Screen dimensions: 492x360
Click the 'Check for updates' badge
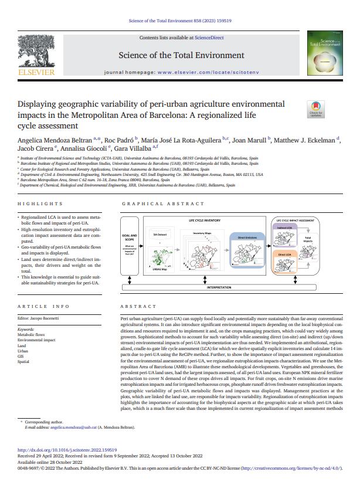pyautogui.click(x=315, y=110)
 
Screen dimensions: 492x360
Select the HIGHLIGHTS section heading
pyautogui.click(x=36, y=203)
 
